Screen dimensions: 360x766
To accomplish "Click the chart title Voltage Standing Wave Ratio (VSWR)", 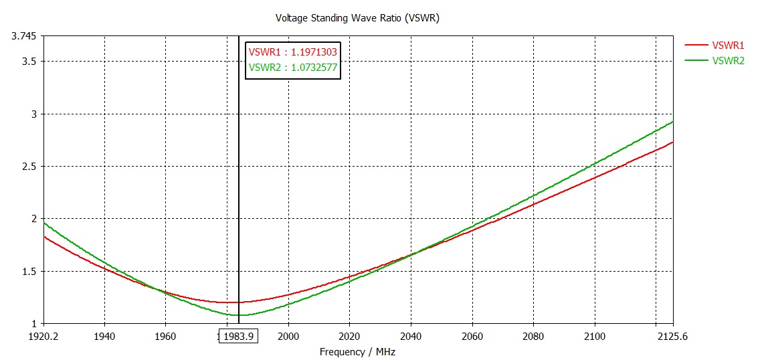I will click(x=357, y=18).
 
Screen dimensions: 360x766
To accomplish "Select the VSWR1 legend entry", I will click(x=728, y=46).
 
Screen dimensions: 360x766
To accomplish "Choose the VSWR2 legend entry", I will click(x=728, y=60).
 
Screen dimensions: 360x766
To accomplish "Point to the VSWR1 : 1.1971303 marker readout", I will click(x=292, y=52).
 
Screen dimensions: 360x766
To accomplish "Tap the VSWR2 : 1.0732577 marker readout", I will click(x=292, y=67).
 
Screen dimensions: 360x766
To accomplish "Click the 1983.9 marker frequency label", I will click(x=239, y=337).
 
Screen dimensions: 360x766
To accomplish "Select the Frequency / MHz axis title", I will click(x=357, y=351).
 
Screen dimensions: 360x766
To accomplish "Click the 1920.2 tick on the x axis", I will click(x=43, y=337).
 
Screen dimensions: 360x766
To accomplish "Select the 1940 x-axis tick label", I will click(x=104, y=337).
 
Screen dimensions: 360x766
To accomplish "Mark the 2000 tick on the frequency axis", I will click(x=288, y=337).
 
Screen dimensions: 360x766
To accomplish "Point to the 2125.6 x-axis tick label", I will click(x=672, y=337).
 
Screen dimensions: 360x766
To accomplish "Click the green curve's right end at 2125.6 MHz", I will click(x=673, y=122).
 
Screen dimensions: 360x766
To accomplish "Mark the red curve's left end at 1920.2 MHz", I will click(x=43, y=236).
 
